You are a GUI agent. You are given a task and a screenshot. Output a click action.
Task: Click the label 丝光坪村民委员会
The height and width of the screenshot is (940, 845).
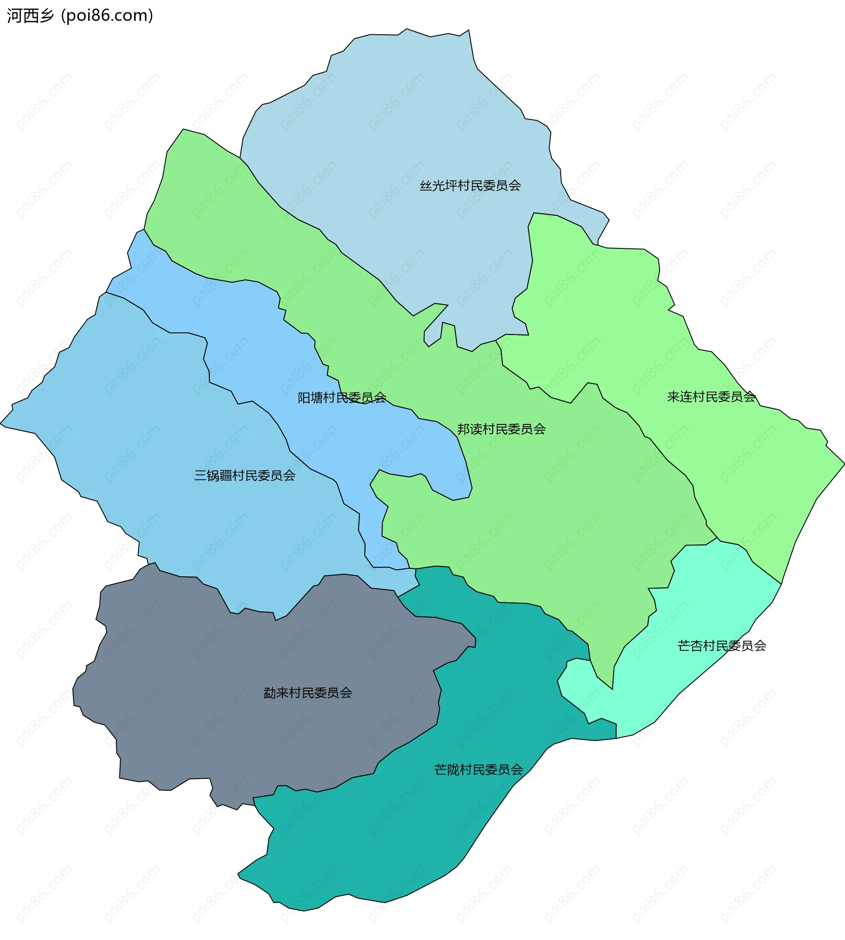point(470,186)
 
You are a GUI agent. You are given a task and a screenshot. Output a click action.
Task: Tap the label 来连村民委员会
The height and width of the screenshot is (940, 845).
point(711,397)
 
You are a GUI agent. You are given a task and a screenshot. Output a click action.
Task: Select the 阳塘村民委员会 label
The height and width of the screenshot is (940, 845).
point(342,398)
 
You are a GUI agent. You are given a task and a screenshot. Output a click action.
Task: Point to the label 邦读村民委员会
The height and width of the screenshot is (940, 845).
point(501,429)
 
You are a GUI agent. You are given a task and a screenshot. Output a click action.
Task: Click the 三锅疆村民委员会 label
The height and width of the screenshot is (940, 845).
point(245,476)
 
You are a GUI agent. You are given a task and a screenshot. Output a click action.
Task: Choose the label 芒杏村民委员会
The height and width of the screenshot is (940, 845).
point(721,646)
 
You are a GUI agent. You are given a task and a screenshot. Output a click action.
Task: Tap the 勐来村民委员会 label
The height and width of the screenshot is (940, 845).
point(308,693)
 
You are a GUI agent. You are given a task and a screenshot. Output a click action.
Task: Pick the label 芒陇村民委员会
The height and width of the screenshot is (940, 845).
point(478,770)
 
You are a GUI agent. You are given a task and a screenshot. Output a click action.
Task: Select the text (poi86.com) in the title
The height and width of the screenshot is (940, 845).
point(107,16)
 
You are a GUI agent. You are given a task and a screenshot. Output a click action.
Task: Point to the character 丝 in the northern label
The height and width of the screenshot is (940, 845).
point(426,186)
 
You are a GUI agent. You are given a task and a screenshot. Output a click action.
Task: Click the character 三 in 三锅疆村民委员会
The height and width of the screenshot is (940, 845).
point(200,476)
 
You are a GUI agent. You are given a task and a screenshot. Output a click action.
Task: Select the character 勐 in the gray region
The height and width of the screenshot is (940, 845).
point(270,693)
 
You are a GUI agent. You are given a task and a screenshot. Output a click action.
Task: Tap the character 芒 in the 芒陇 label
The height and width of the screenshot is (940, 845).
point(440,770)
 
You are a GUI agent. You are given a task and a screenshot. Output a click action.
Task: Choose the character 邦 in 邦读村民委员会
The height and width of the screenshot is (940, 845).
point(463,429)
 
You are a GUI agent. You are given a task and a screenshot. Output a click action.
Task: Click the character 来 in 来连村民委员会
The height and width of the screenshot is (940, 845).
point(673,397)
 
